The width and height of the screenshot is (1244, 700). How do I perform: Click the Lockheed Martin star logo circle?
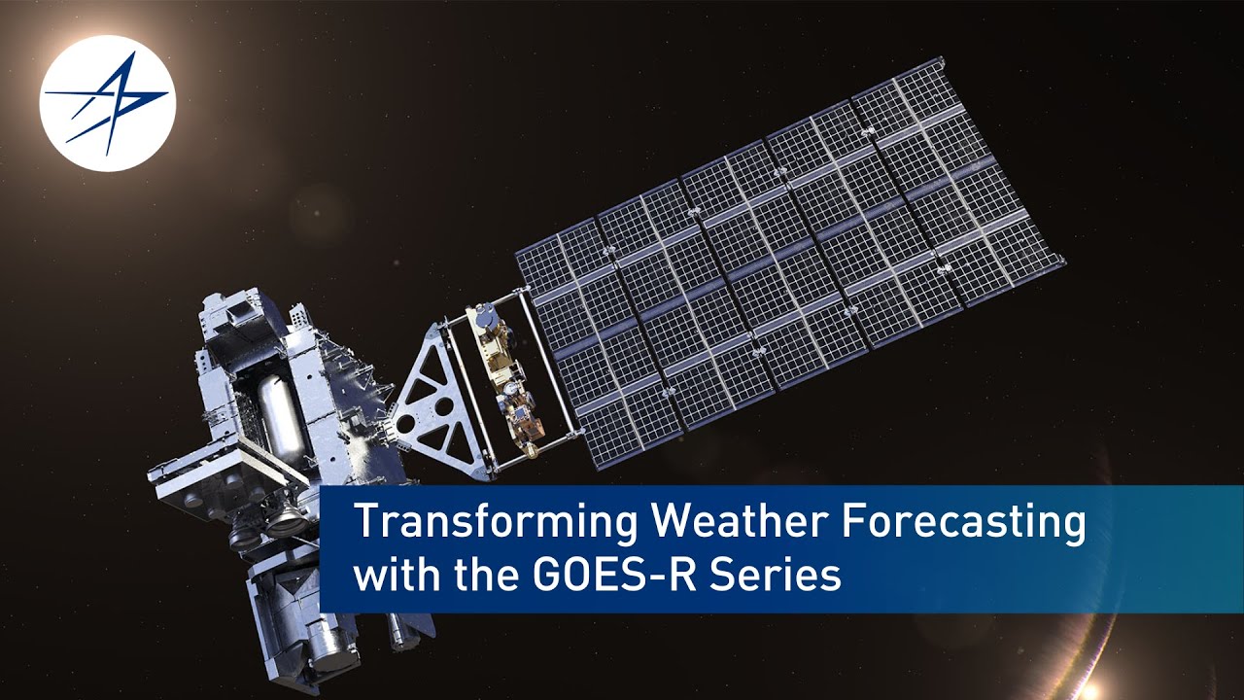107,103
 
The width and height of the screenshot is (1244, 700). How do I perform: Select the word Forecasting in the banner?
962,525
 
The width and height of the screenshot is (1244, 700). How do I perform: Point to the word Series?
777,576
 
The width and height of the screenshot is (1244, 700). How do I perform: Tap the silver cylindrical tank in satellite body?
282,418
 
